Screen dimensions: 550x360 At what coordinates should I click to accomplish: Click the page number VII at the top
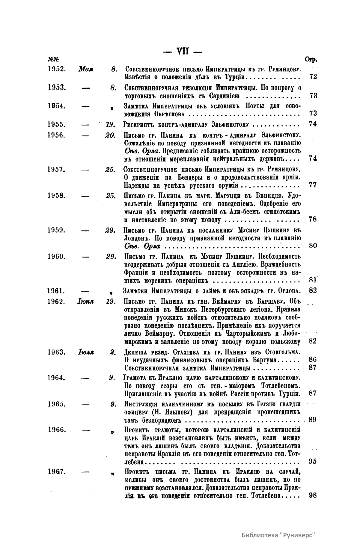click(183, 51)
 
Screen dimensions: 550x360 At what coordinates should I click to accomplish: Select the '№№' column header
click(53, 60)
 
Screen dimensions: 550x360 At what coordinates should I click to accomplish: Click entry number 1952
click(57, 69)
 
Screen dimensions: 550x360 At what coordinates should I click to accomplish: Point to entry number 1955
click(57, 124)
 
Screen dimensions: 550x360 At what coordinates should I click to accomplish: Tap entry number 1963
click(57, 352)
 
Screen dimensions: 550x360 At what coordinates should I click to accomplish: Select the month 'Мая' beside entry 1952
click(85, 69)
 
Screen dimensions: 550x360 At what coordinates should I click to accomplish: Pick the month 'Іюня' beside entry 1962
click(85, 302)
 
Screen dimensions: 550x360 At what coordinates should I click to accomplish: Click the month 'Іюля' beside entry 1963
click(86, 352)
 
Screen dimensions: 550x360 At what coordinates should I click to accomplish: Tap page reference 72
click(313, 77)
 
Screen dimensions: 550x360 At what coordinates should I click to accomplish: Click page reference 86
click(313, 360)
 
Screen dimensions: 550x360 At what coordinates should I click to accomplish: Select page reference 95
click(313, 462)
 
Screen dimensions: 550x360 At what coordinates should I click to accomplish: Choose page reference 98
click(313, 495)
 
